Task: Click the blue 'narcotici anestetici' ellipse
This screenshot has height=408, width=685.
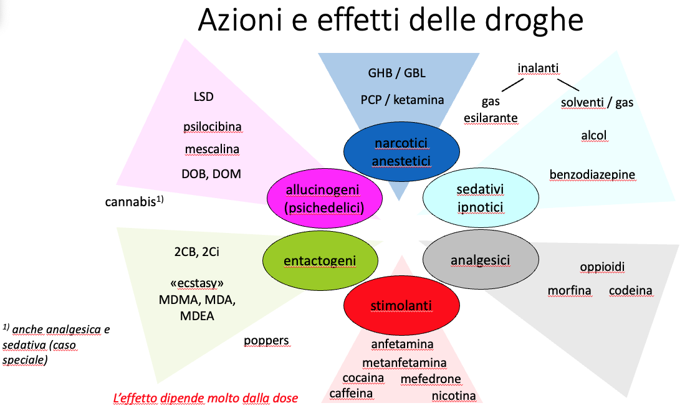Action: coord(401,152)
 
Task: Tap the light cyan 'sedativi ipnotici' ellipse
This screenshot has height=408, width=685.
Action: coord(480,197)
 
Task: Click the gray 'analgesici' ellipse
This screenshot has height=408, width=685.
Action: coord(480,260)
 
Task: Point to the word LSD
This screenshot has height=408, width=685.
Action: coord(204,97)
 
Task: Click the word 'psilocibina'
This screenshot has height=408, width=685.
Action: coord(213,126)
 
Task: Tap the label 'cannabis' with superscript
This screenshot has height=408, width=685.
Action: coord(133,202)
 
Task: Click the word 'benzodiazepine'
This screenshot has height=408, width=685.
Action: coord(592,174)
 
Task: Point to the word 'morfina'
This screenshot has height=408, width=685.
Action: coord(570,290)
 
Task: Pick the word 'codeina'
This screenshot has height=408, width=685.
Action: coord(631,290)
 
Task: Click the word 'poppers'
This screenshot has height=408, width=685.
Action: coord(266,340)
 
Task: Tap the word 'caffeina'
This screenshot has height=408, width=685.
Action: coord(351,393)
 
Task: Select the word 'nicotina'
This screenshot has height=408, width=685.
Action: coord(453,396)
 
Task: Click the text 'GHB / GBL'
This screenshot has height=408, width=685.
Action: coord(396,73)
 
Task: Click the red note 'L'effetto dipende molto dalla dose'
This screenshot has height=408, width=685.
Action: coord(205,397)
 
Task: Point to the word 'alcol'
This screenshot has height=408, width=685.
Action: coord(593,135)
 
